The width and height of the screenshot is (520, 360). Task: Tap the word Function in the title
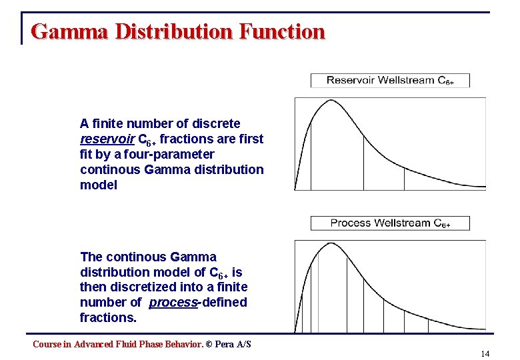tap(285, 31)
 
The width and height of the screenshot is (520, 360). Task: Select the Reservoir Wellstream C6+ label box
tap(390, 81)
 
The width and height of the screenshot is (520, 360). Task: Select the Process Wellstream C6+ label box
tap(390, 223)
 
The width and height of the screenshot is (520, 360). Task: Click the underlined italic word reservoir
tap(106, 139)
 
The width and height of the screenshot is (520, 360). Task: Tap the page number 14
tap(485, 353)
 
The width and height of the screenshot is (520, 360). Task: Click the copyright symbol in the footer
tap(209, 344)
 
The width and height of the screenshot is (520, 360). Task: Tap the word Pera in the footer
tap(225, 344)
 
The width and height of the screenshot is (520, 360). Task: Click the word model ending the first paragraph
tap(98, 185)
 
